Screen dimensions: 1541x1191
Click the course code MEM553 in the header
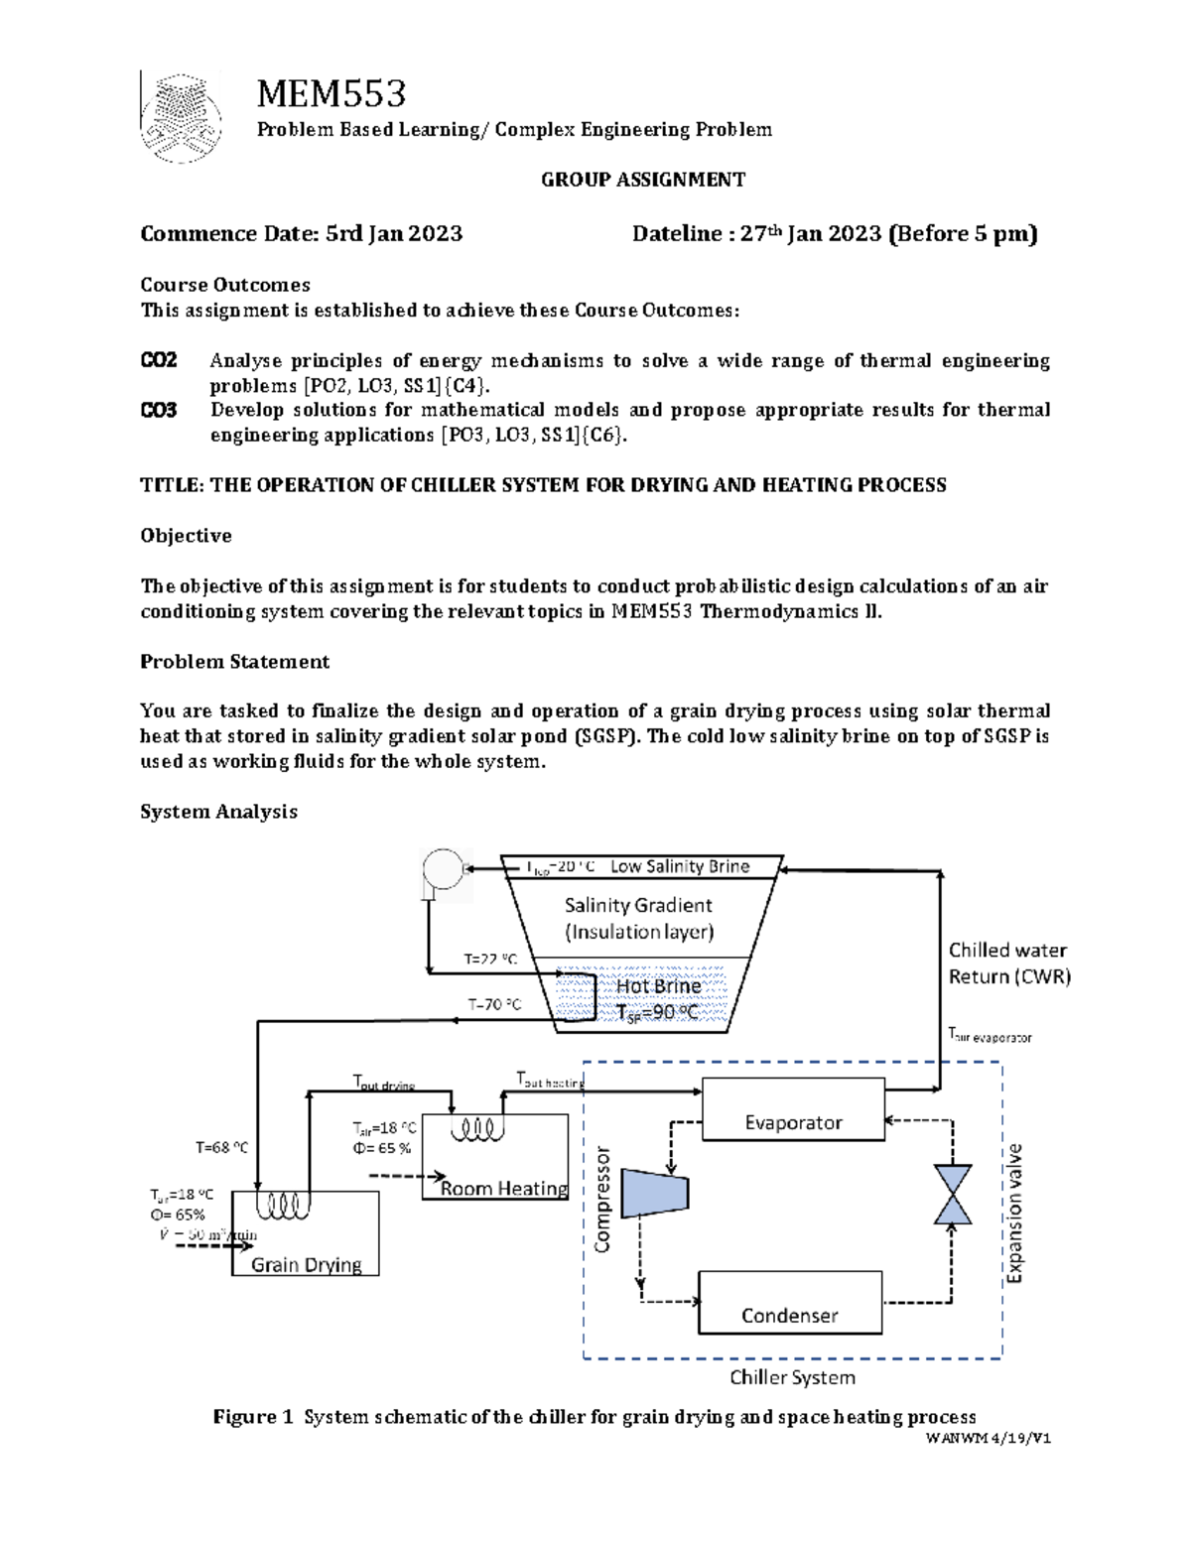coord(331,94)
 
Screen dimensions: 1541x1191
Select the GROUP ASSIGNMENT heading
coord(642,180)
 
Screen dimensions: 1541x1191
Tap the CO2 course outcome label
coord(158,360)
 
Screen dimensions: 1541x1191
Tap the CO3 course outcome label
coord(158,410)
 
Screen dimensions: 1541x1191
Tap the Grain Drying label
coord(306,1264)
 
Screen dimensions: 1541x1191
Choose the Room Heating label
coord(504,1188)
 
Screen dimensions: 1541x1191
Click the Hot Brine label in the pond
coord(658,986)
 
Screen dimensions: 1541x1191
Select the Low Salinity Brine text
coord(680,866)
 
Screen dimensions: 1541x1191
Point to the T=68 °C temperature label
coord(221,1147)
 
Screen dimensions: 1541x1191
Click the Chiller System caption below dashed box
coord(792,1377)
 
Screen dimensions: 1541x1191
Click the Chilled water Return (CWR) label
coord(1009,963)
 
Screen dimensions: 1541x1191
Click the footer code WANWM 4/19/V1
coord(988,1438)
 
